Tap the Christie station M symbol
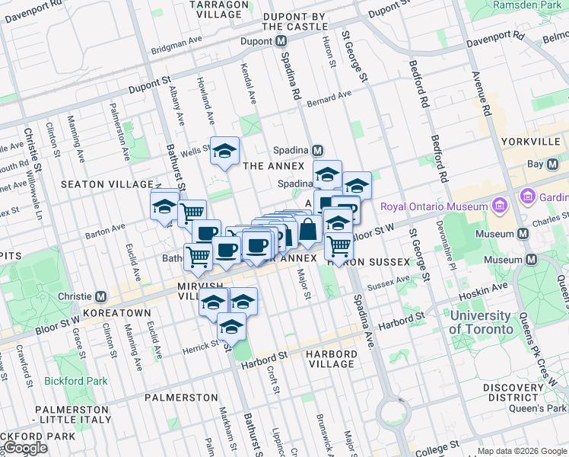(x=100, y=296)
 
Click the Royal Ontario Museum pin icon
(x=499, y=206)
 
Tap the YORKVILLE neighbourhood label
(x=531, y=142)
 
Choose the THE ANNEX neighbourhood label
(x=273, y=165)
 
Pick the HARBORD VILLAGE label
(x=331, y=359)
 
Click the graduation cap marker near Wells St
(x=225, y=152)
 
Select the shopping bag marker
(x=308, y=229)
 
